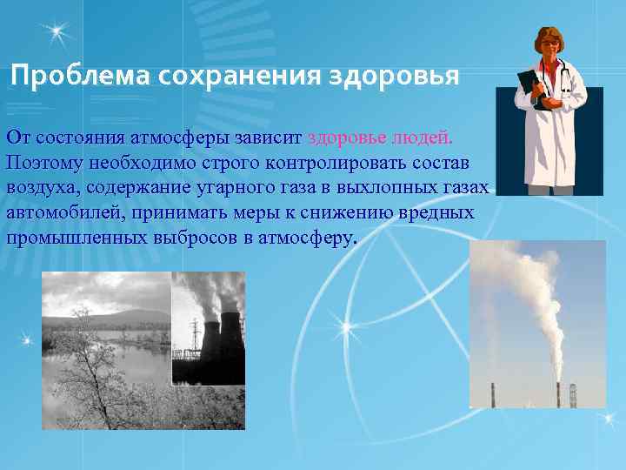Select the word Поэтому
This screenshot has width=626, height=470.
(39, 163)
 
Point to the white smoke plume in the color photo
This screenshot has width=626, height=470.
(530, 296)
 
